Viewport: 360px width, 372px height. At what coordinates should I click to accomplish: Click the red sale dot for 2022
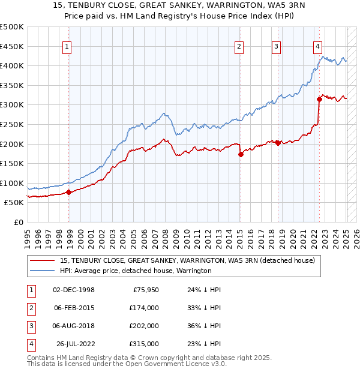point(319,100)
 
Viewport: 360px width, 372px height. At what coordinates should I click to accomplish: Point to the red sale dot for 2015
point(241,154)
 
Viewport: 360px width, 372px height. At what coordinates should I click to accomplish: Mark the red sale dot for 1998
point(69,193)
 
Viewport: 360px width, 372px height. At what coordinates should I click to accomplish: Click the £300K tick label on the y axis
point(12,104)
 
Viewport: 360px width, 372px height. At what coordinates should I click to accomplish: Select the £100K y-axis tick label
point(12,183)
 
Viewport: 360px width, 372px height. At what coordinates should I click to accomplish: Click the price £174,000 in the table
point(145,308)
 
